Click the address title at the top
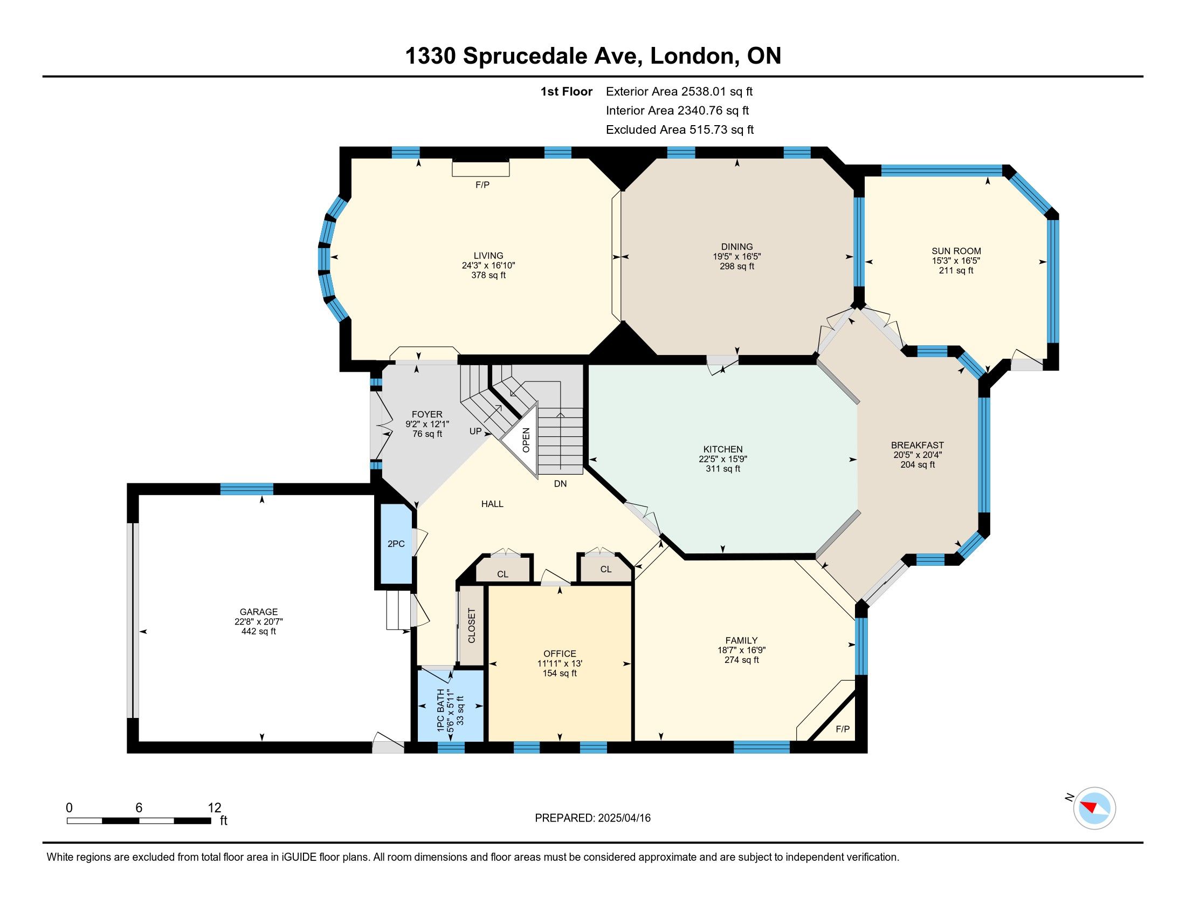pos(593,56)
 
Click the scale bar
pos(139,820)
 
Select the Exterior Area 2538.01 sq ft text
pos(679,91)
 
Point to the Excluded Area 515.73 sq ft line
pos(680,129)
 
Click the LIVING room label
pos(488,255)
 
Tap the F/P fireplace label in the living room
pos(482,184)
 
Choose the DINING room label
pos(737,247)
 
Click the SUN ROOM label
pos(956,251)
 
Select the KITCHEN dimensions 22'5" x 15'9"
pos(723,459)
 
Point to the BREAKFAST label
pos(917,445)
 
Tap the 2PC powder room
pos(396,543)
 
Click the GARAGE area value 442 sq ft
pos(258,631)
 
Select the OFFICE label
pos(560,654)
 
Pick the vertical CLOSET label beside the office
pos(471,626)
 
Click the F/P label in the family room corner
pos(843,729)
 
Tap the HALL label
pos(492,504)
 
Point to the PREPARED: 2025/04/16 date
pos(592,818)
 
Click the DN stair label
pos(560,483)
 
